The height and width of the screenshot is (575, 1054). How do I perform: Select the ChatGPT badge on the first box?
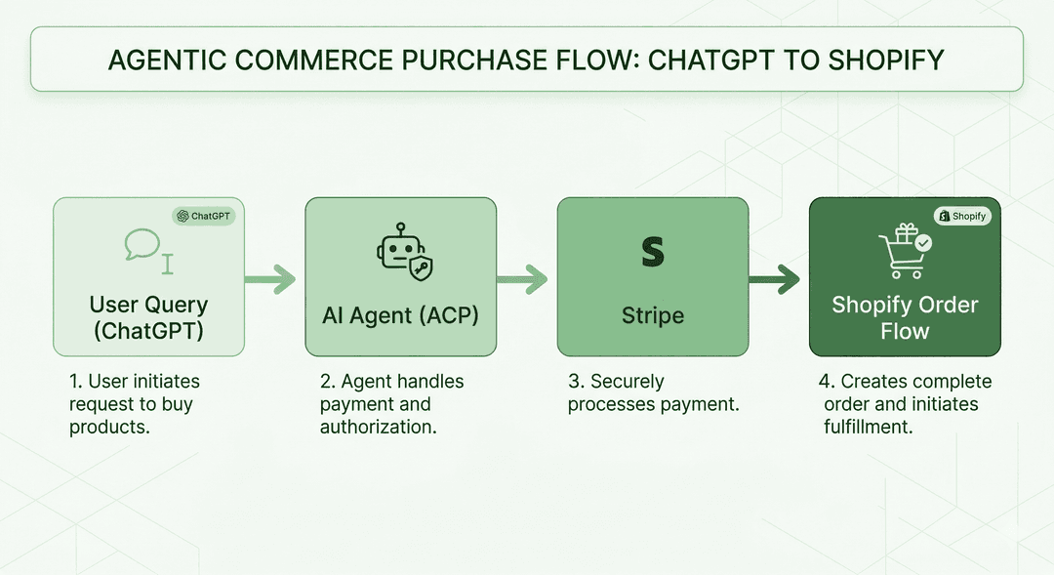coord(204,216)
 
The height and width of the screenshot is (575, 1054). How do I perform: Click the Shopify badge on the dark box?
coord(962,216)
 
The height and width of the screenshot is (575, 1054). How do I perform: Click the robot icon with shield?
coord(400,251)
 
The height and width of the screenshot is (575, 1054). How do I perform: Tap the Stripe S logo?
coord(652,253)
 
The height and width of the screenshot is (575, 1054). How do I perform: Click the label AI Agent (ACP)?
coord(400,316)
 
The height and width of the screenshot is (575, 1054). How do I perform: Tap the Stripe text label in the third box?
coord(653,316)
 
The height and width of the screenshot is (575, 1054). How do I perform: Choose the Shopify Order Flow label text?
coord(905,317)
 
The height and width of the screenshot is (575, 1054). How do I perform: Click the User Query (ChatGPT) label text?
coord(148,317)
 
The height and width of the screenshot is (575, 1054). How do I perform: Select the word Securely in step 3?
coord(628,382)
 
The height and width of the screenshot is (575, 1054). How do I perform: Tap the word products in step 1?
coord(109,427)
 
